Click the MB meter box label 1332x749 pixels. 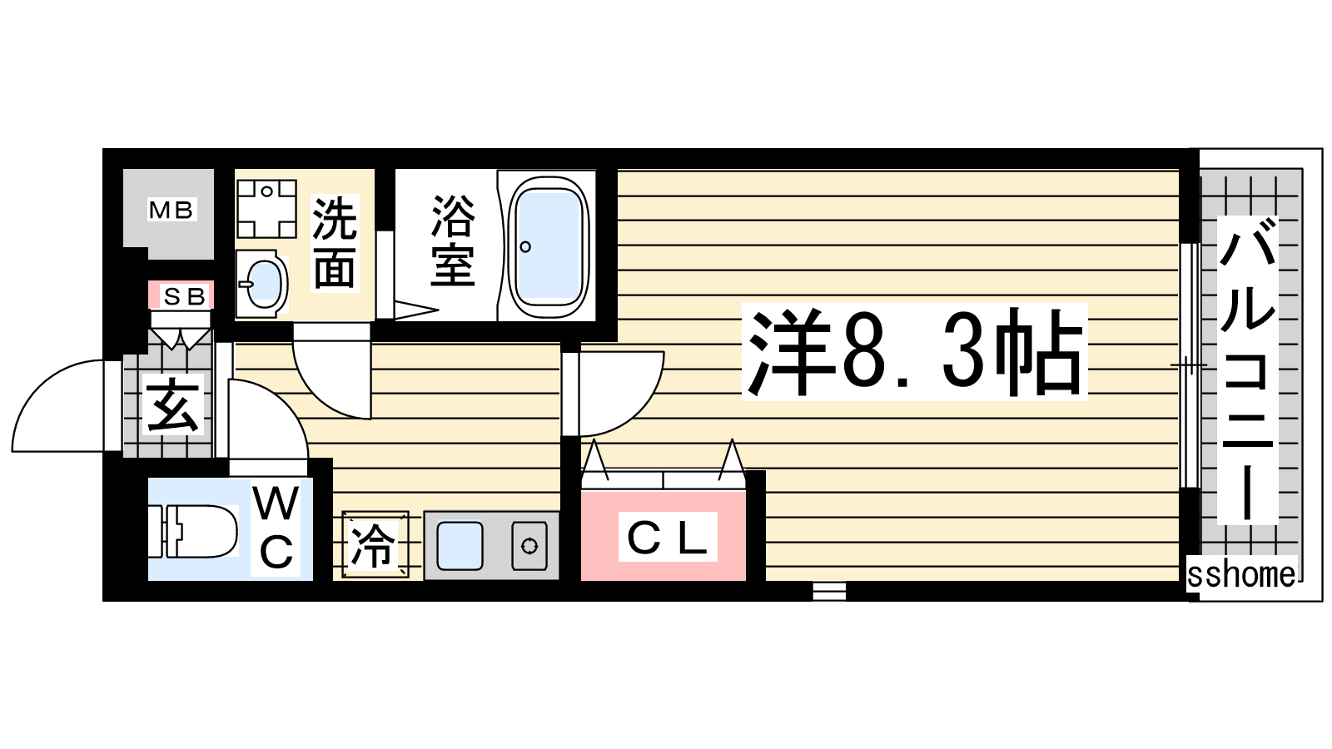171,210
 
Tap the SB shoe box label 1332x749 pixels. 184,296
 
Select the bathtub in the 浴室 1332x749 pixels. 549,246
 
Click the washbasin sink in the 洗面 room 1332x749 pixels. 262,284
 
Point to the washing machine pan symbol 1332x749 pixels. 266,209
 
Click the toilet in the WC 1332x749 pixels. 193,531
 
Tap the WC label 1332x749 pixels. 276,527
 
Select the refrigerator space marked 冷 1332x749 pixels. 375,544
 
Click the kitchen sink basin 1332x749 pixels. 460,545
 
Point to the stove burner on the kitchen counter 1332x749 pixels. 529,546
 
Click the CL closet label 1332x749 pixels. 667,538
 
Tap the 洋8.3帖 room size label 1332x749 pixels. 915,352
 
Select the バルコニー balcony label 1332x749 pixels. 1248,370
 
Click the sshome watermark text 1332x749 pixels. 1241,574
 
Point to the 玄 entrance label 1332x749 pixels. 172,404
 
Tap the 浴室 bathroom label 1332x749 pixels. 453,241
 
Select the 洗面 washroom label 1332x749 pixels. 335,242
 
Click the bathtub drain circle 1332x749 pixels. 525,246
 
